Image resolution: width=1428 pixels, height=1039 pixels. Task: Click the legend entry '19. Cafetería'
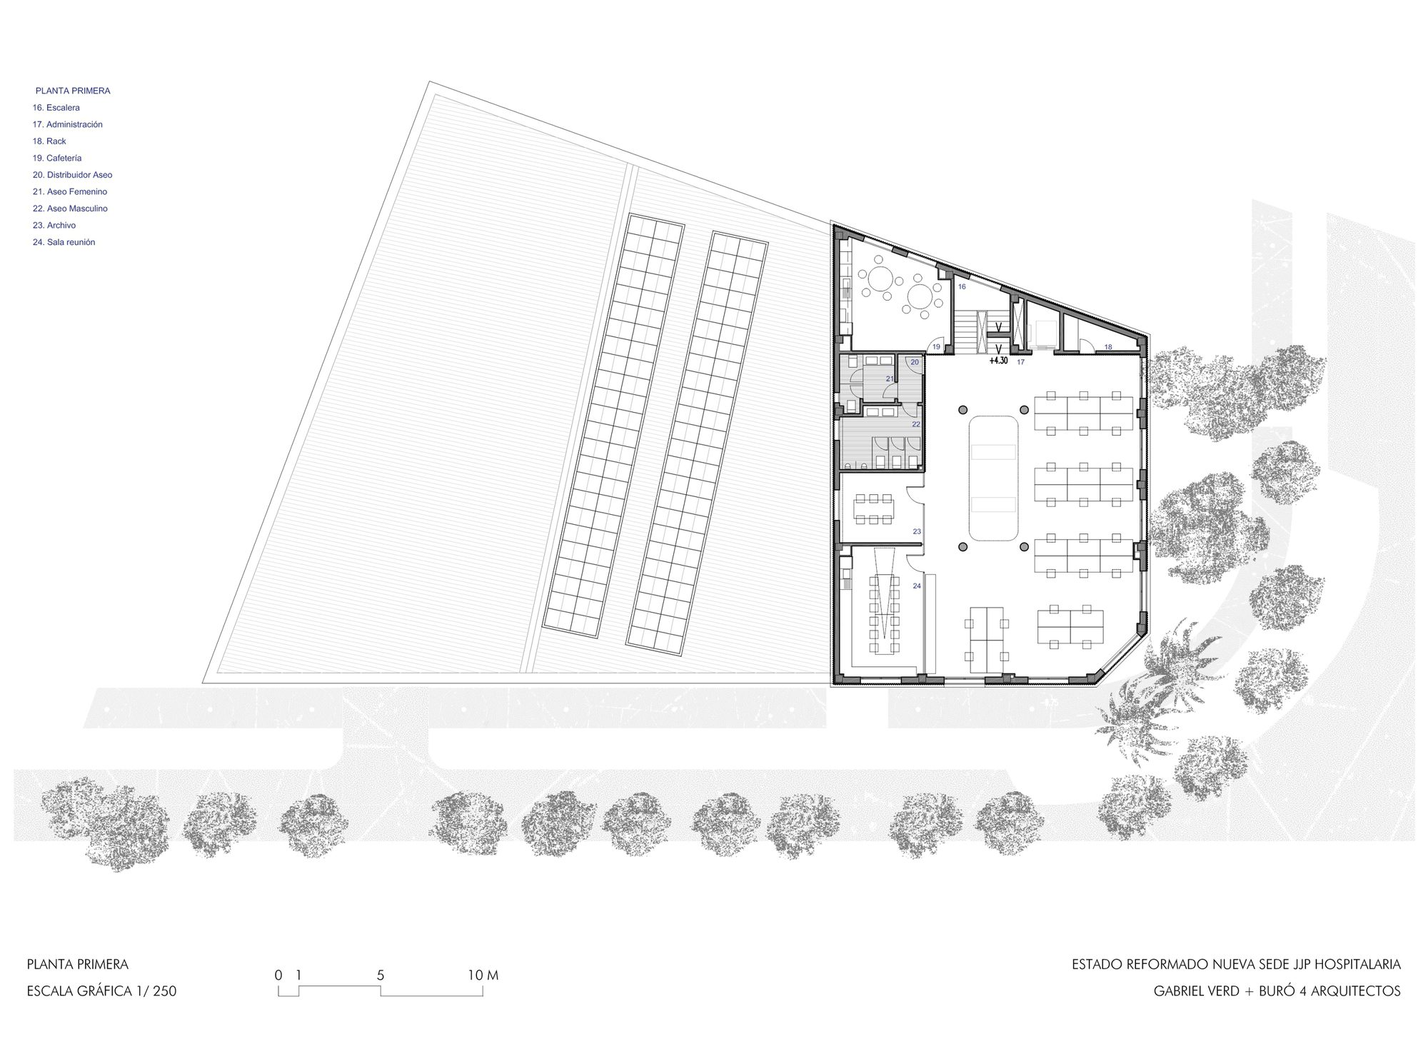57,158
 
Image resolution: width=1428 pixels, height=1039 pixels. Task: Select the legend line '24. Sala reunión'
64,242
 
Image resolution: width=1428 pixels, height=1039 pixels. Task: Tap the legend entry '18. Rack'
49,141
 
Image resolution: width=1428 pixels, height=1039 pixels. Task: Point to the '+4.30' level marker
998,361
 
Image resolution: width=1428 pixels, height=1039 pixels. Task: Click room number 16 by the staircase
962,286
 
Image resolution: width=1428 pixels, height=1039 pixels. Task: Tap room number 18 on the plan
1108,347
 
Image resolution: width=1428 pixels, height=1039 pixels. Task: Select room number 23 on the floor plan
917,531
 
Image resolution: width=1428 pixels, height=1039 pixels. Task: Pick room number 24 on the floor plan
917,586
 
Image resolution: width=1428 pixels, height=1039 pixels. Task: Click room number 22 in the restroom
916,424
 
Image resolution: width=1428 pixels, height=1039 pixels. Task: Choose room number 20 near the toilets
915,362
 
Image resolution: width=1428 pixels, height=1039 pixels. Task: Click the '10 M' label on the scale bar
482,975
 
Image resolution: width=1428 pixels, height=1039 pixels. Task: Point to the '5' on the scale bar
381,975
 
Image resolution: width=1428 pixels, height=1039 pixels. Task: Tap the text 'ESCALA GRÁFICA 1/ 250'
101,991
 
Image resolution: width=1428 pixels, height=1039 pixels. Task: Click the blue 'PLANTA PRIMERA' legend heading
73,91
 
